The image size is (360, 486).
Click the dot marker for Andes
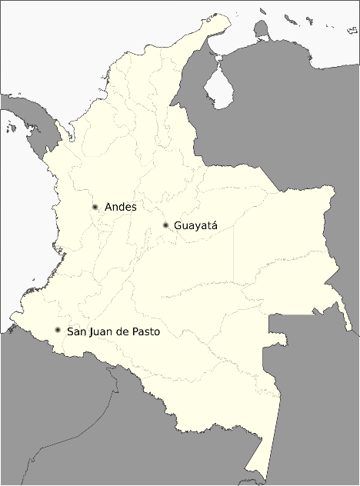point(95,207)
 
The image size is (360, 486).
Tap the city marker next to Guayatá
point(166,225)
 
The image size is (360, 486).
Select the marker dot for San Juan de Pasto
point(58,331)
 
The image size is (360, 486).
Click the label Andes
point(120,207)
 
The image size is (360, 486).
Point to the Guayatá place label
point(196,226)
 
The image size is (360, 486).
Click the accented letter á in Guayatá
point(215,226)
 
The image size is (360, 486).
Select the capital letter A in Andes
point(108,207)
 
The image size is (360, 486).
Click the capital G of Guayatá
point(178,226)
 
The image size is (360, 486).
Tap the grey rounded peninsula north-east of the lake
point(262,32)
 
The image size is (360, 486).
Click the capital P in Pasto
point(135,331)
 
